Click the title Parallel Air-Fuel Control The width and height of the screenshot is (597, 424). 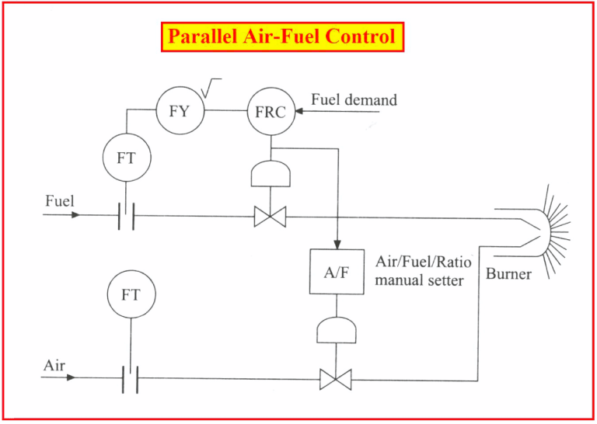click(x=282, y=36)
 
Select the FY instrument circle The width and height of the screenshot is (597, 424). click(x=178, y=111)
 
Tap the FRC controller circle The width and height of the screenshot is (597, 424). click(x=270, y=111)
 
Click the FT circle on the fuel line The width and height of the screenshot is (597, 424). click(x=126, y=158)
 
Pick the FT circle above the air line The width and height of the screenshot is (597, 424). click(x=131, y=296)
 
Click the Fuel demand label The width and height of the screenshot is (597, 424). click(x=354, y=100)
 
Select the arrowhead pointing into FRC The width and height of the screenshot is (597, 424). click(x=299, y=111)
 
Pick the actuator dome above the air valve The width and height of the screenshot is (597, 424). click(x=336, y=332)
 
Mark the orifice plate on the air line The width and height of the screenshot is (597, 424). click(x=130, y=380)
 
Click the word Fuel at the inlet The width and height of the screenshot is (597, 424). click(x=59, y=200)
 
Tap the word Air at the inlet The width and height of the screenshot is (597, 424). click(x=54, y=363)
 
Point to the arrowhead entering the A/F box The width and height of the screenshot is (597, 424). click(x=337, y=244)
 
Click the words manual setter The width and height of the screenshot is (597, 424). click(x=419, y=280)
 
